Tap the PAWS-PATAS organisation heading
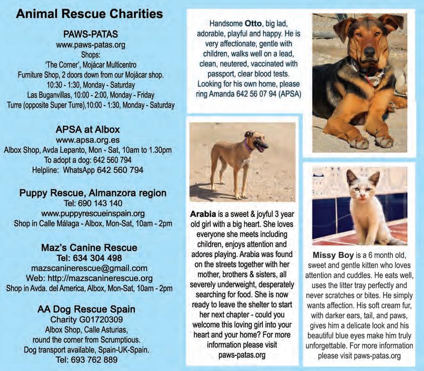point(91,35)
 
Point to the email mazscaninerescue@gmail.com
point(89,268)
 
